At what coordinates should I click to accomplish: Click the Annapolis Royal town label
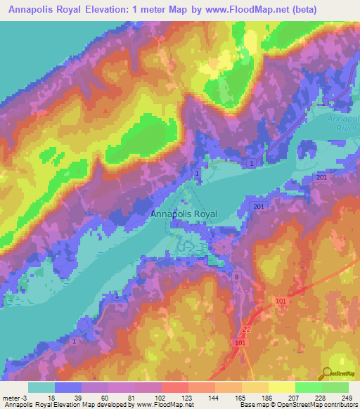click(x=184, y=214)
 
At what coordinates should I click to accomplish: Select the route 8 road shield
click(x=237, y=278)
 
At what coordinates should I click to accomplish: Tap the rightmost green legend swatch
click(x=335, y=387)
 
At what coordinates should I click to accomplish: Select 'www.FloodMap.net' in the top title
click(x=248, y=10)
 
